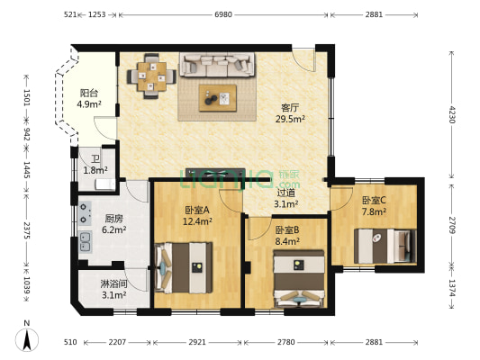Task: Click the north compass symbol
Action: [27, 339]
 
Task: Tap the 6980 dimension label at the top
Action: [223, 14]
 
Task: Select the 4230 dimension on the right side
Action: [452, 114]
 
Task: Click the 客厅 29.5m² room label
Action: [290, 113]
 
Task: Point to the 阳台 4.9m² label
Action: [89, 98]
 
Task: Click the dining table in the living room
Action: [151, 76]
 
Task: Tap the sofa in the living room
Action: [217, 64]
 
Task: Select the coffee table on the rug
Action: [218, 98]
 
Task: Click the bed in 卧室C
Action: [385, 247]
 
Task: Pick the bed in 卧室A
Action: [184, 267]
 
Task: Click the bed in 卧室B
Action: [299, 279]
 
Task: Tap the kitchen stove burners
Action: [85, 213]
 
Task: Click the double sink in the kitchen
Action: [85, 242]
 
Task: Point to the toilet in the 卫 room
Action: [105, 184]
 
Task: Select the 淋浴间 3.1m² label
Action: [113, 289]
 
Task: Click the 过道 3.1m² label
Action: [285, 198]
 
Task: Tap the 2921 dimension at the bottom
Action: [197, 342]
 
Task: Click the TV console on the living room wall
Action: [215, 173]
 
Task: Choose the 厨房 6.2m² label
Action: [114, 224]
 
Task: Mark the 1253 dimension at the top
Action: [97, 14]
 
